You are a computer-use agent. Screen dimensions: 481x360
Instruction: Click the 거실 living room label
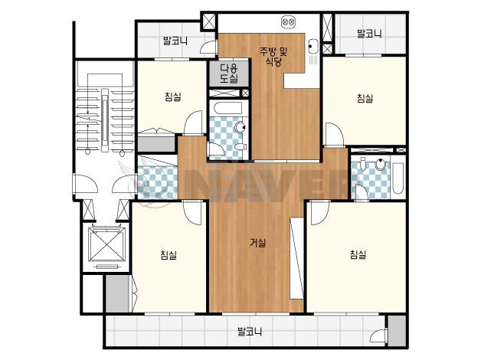(x=257, y=243)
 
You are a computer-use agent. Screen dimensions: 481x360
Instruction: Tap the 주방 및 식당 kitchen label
(x=273, y=57)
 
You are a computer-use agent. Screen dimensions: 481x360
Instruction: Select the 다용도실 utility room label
(x=229, y=74)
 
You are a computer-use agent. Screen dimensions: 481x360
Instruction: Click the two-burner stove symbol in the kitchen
(x=288, y=22)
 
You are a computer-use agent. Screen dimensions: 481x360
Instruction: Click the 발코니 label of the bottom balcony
(x=250, y=332)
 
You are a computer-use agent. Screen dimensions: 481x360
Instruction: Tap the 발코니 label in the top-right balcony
(x=369, y=34)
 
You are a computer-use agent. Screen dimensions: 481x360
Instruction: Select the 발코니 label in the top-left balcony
(x=175, y=41)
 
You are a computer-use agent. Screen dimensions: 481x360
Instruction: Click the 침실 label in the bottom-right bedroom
(x=358, y=254)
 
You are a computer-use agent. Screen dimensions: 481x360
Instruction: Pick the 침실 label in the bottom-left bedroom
(x=169, y=255)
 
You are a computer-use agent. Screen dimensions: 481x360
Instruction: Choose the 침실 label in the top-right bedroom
(x=365, y=99)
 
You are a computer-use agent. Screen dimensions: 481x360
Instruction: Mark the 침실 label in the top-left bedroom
(x=173, y=97)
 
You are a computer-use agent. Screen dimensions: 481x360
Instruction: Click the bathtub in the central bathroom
(x=228, y=108)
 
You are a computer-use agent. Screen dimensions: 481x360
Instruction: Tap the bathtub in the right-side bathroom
(x=398, y=178)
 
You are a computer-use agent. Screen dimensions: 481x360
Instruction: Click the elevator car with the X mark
(x=107, y=244)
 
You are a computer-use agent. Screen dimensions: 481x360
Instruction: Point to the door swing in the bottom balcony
(x=378, y=335)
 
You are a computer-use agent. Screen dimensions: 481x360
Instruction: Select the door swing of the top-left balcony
(x=208, y=47)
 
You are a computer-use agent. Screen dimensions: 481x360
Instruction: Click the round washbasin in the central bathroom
(x=240, y=127)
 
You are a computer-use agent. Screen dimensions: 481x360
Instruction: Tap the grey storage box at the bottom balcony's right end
(x=397, y=330)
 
